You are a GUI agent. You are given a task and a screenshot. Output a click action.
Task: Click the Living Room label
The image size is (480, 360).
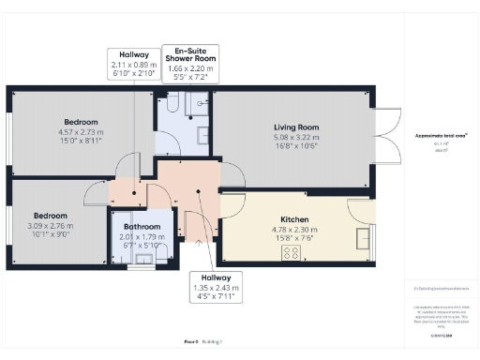click(x=296, y=127)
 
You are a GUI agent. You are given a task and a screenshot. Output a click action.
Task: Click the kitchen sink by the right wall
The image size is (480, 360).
click(x=364, y=238)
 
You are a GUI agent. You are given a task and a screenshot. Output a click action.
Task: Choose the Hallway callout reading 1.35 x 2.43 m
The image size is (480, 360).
click(x=217, y=288)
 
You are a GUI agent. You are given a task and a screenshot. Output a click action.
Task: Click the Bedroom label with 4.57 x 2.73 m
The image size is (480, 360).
click(x=83, y=123)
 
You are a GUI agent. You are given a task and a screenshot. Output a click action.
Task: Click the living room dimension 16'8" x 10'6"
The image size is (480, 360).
click(x=296, y=145)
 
